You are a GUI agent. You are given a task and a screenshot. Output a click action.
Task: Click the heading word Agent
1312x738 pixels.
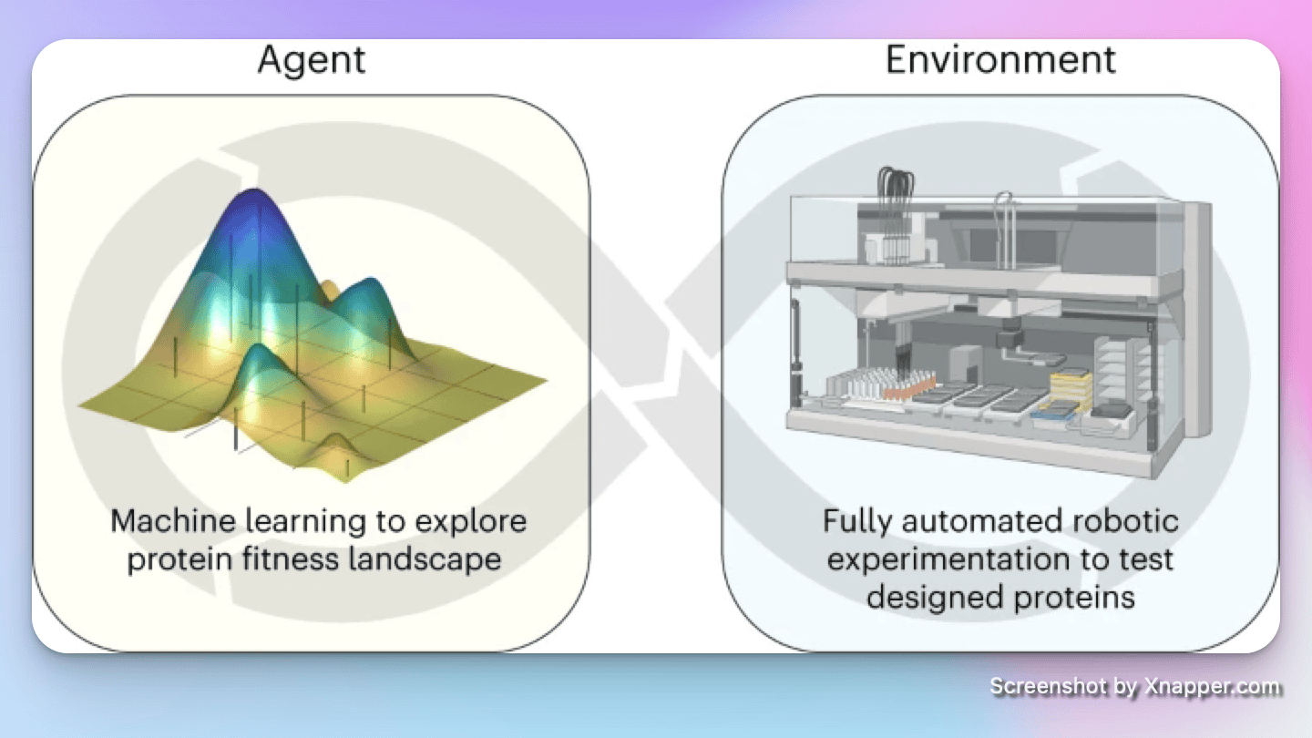point(312,60)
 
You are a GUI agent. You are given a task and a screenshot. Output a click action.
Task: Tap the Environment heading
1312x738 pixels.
point(1000,60)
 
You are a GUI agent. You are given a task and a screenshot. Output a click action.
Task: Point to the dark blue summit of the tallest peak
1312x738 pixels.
point(257,202)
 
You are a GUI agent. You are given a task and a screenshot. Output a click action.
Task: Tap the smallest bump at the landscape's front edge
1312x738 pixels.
point(336,446)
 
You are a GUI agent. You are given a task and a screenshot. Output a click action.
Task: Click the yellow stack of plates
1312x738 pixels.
point(1071,387)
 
